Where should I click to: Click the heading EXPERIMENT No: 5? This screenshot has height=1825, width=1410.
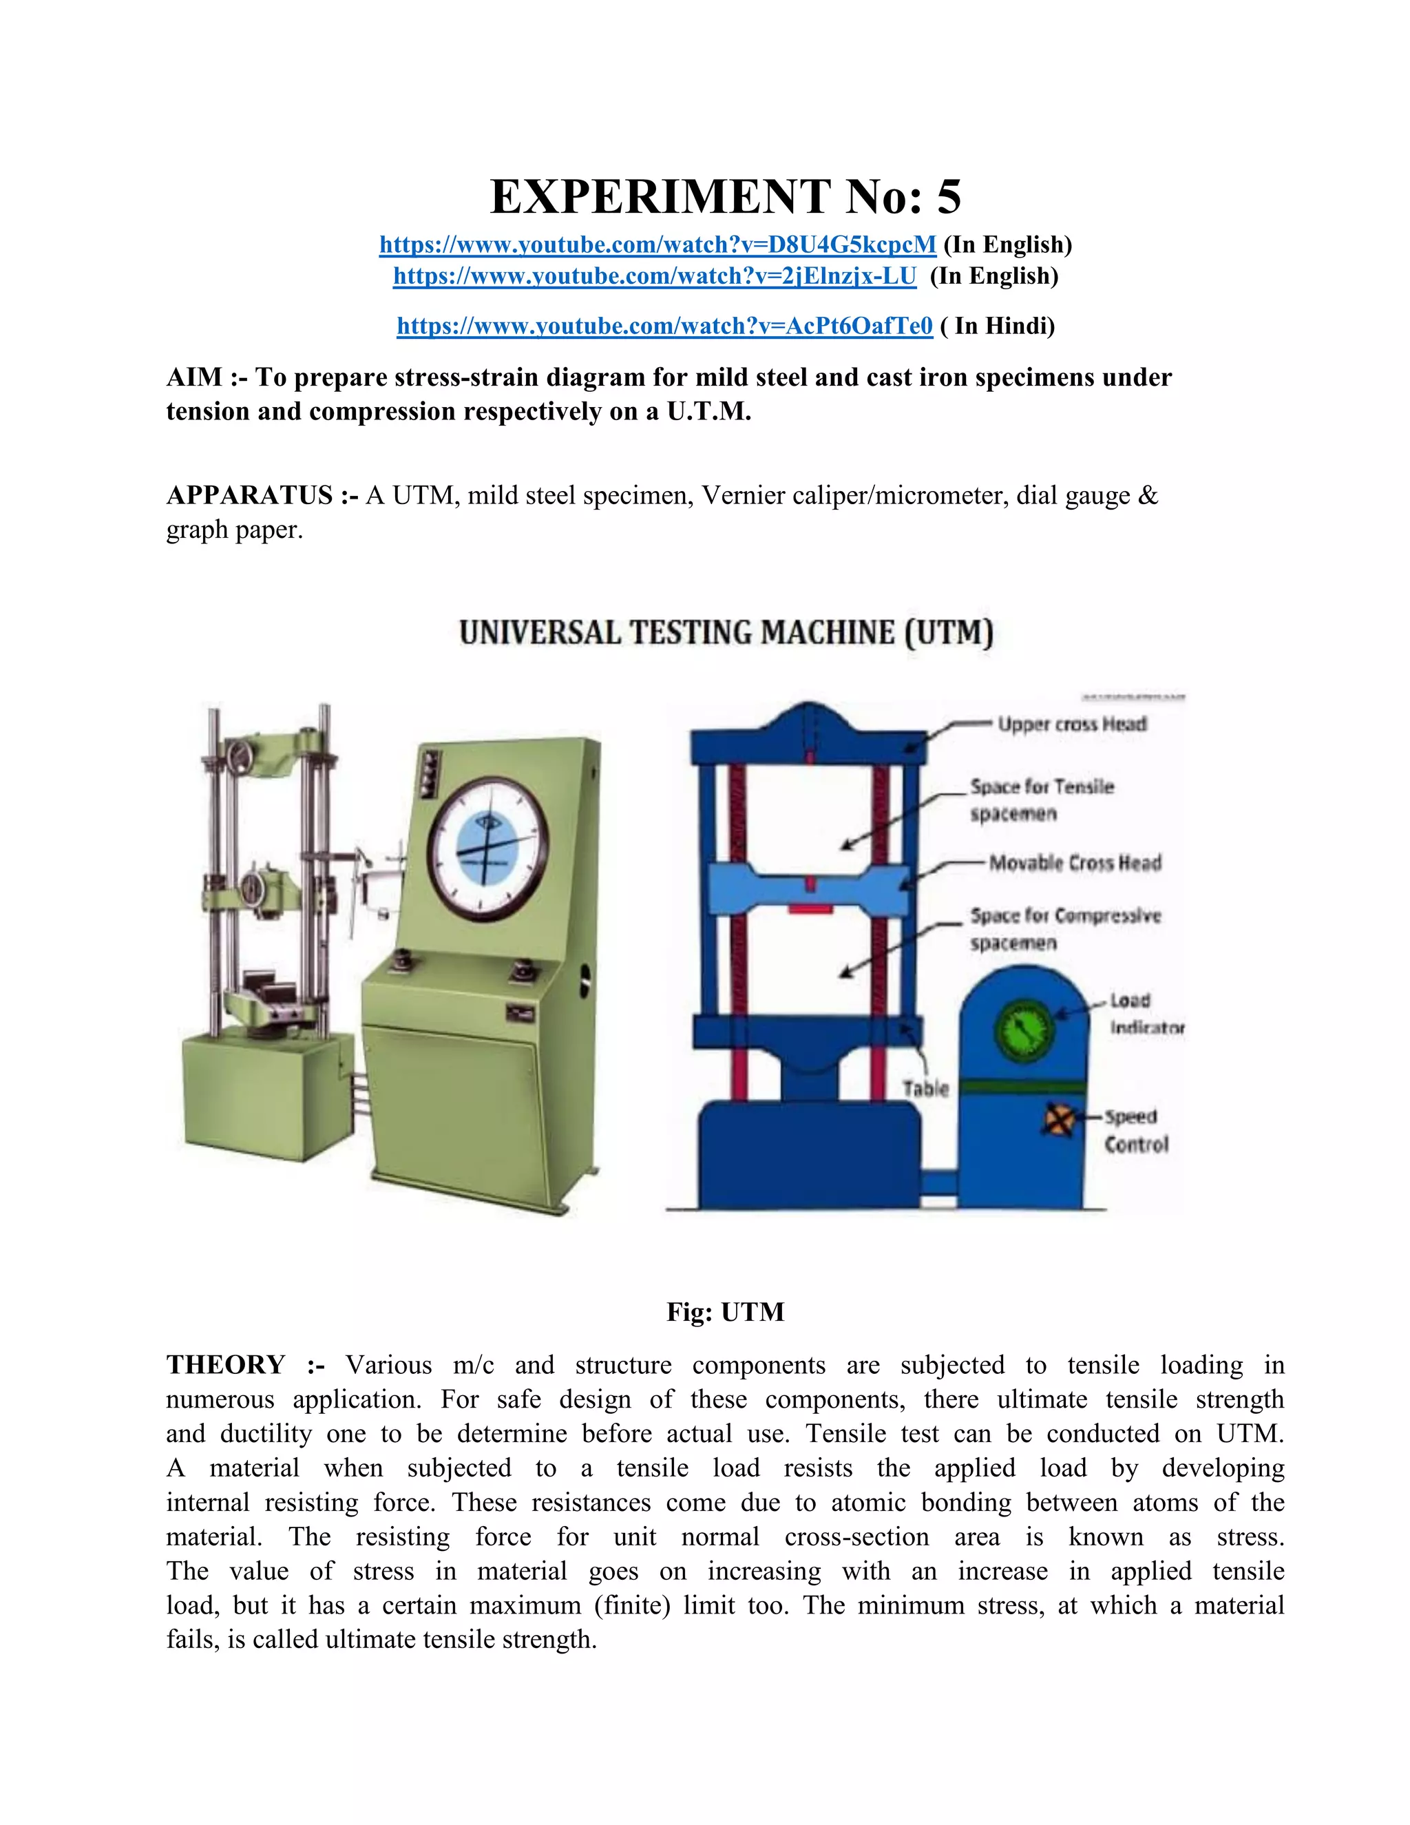pos(725,197)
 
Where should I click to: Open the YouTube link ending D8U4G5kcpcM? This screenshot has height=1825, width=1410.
pos(657,245)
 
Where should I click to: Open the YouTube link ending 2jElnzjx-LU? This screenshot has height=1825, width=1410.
pos(654,275)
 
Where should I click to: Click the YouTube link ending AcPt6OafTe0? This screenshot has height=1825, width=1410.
pos(664,326)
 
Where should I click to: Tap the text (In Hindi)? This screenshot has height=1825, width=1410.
pos(998,326)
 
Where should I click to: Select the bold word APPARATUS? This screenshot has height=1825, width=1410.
pos(250,496)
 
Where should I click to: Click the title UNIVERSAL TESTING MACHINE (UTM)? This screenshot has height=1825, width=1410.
pos(726,633)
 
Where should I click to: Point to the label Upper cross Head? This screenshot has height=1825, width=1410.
pos(1072,724)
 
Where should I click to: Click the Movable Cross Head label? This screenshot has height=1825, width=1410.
pos(1075,862)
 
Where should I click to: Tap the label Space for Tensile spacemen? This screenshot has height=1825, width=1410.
pos(1042,800)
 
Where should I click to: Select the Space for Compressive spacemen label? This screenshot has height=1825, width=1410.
pos(1065,929)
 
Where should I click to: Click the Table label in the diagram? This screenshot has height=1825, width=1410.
pos(925,1089)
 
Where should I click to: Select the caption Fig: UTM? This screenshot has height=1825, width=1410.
pos(725,1312)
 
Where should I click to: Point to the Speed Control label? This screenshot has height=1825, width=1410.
pos(1135,1131)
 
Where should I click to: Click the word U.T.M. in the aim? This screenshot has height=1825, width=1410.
pos(708,412)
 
